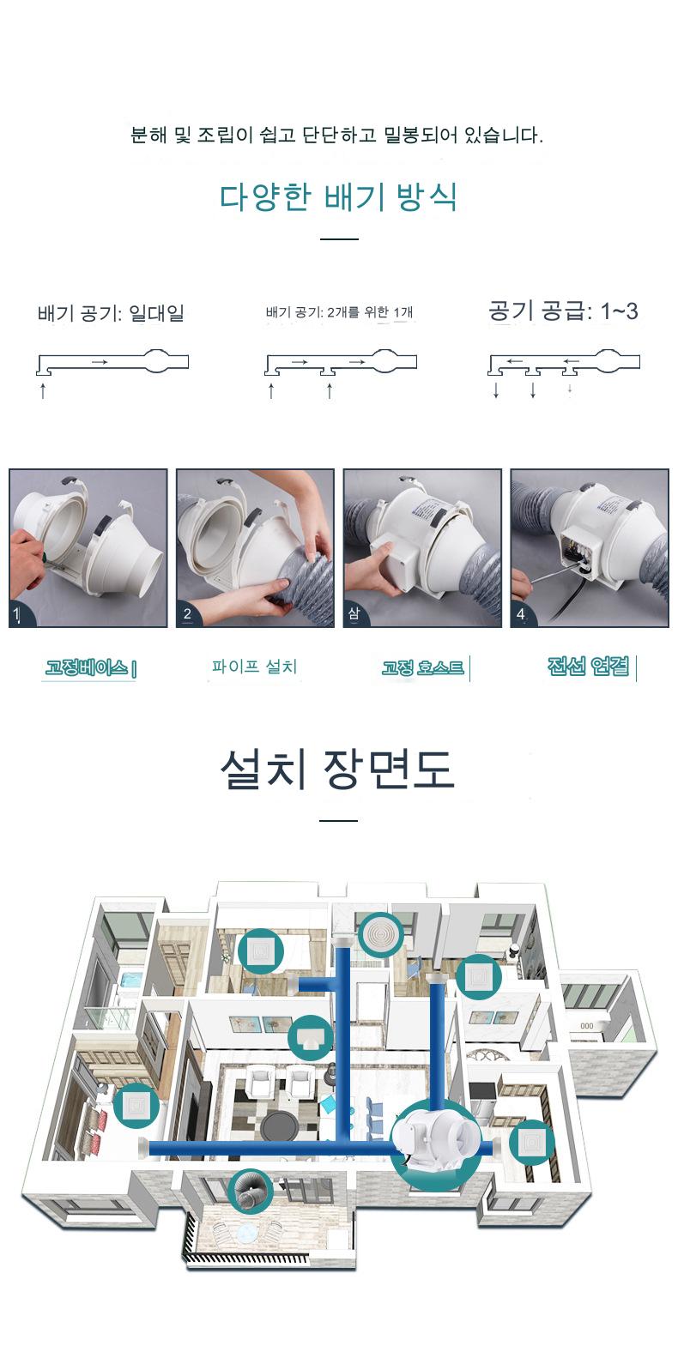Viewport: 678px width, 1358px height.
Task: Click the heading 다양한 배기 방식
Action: pos(338,196)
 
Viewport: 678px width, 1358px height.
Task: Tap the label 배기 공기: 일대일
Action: pos(111,313)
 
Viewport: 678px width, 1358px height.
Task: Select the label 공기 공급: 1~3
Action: pos(563,311)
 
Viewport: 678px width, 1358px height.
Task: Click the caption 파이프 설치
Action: pos(254,667)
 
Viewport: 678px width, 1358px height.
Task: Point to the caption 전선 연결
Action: pos(588,667)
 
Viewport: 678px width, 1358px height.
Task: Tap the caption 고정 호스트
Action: pos(423,668)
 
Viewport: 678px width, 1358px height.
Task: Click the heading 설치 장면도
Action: pos(338,769)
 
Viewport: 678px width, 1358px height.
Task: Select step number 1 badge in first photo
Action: pos(17,614)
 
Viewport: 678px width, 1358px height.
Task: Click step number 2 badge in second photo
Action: pos(187,614)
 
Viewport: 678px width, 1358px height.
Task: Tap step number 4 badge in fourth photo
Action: pos(520,614)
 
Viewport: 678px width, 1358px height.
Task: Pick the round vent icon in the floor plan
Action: pos(381,934)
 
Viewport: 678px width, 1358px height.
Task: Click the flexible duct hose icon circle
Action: pos(250,1192)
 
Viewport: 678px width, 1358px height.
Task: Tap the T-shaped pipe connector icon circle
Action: pos(311,1038)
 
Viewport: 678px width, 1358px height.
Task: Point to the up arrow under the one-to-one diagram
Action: pos(42,390)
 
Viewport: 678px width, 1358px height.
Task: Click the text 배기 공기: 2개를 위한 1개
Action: pos(339,312)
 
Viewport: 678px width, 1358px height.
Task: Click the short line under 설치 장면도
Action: pos(338,821)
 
